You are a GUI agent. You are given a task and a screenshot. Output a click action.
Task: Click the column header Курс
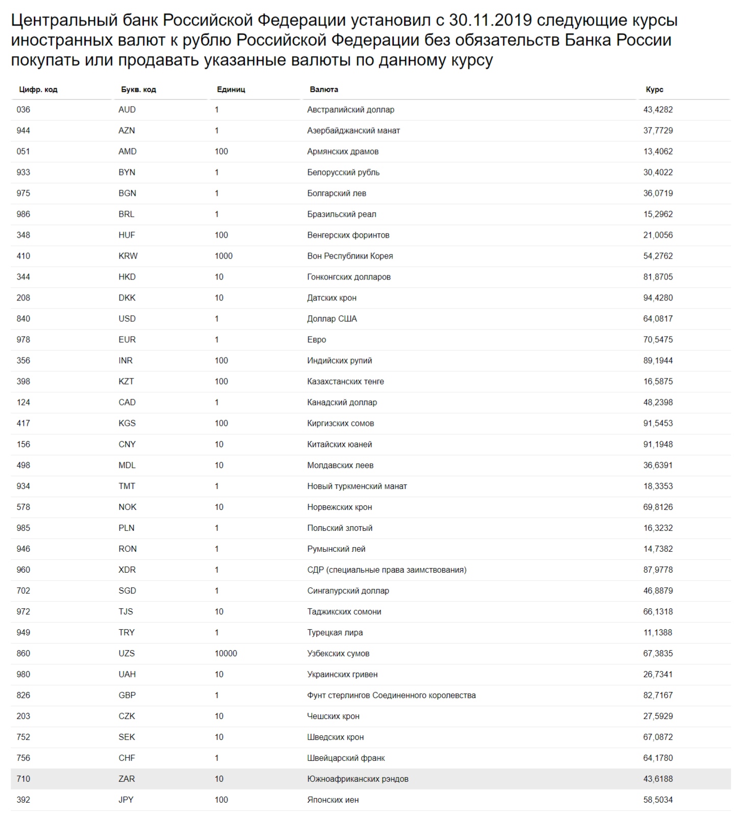coord(654,89)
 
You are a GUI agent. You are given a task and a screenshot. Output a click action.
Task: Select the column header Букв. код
coord(138,89)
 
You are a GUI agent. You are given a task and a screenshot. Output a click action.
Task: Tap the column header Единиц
coord(231,89)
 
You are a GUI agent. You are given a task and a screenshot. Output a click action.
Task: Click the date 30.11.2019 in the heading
coord(490,20)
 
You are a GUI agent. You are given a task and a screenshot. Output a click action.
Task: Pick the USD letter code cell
coord(127,319)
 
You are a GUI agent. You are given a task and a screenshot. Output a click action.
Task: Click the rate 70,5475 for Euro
coord(657,340)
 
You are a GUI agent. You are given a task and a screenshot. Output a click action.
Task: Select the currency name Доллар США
coord(332,319)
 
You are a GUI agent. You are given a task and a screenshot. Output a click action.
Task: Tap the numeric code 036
coord(23,110)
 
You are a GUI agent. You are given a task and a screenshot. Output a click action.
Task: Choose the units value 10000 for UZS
coord(225,653)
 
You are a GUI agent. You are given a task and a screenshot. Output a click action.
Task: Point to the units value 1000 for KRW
coord(223,256)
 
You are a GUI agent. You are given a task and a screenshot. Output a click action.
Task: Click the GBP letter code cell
coord(127,695)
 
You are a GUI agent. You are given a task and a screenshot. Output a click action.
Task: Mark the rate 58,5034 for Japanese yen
coord(657,800)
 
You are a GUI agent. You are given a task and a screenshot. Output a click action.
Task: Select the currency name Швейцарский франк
coord(346,758)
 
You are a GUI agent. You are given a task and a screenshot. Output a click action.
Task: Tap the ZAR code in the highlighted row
coord(126,779)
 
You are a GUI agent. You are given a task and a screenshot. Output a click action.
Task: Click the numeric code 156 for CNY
coord(23,444)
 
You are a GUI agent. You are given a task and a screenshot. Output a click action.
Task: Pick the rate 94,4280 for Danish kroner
coord(657,298)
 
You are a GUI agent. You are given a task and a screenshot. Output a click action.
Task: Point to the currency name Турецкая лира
coord(335,632)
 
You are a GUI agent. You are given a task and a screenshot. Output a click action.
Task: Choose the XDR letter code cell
coord(127,570)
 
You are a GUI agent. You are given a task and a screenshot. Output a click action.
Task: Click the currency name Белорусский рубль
coord(343,172)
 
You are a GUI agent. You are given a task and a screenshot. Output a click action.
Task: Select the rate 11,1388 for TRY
coord(657,632)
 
